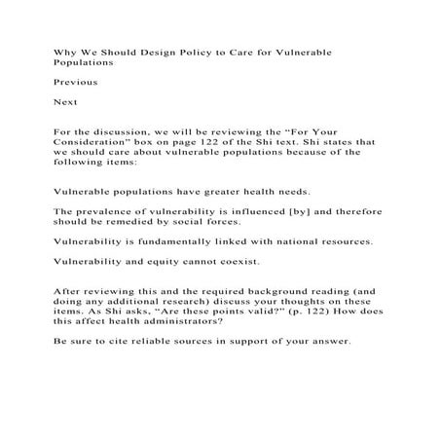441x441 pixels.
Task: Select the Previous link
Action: coord(74,82)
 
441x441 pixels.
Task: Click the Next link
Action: coord(64,101)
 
